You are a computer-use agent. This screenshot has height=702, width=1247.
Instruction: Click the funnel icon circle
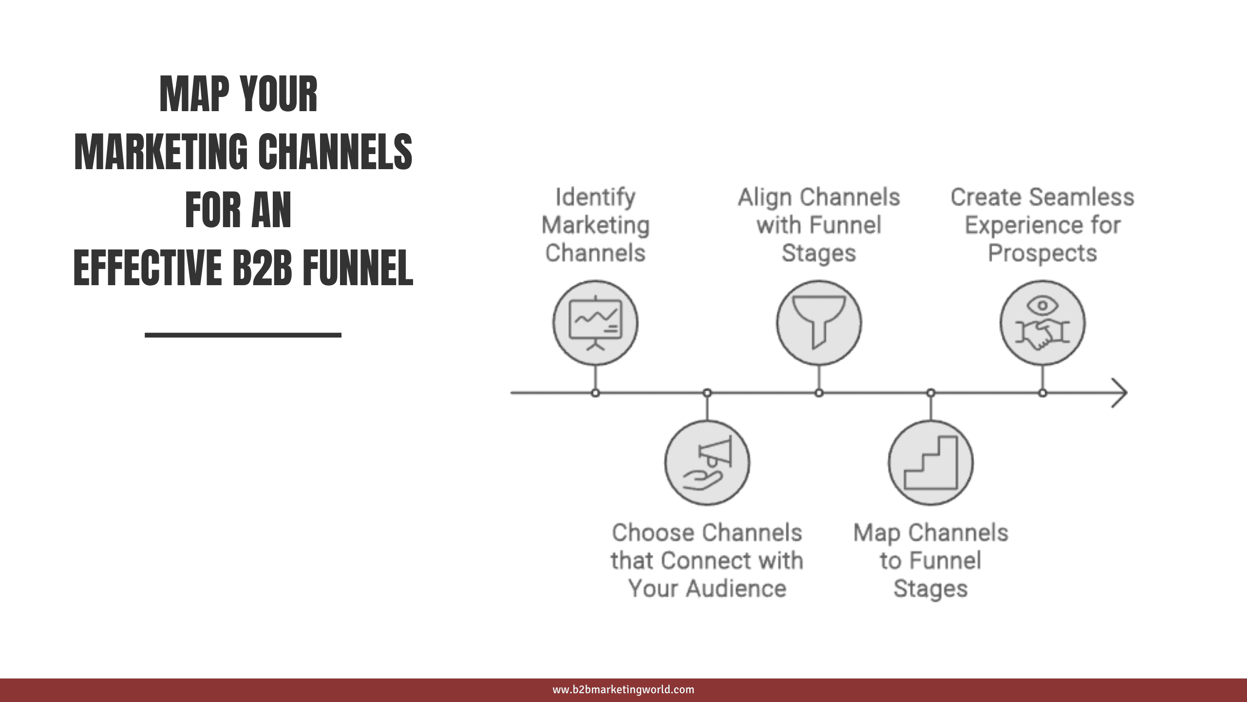(819, 323)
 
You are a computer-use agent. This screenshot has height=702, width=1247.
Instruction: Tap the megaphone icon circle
(707, 463)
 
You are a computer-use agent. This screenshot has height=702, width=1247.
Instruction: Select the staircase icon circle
(931, 463)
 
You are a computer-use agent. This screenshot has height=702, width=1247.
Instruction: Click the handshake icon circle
(1042, 323)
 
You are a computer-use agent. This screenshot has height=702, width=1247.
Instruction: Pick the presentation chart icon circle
(595, 323)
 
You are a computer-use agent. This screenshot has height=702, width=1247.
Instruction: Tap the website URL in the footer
(623, 690)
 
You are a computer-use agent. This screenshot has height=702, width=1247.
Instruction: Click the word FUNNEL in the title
(358, 268)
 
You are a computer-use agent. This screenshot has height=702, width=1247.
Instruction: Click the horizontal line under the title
(243, 335)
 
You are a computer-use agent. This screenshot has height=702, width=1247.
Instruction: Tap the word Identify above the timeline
(595, 197)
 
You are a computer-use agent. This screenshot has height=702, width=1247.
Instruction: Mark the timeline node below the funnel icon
(819, 392)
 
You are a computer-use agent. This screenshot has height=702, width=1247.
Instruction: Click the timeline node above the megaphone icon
(707, 392)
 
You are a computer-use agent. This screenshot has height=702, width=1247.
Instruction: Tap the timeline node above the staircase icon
(931, 392)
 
